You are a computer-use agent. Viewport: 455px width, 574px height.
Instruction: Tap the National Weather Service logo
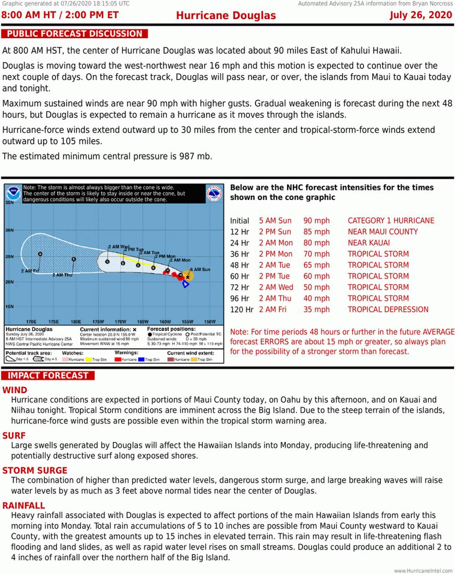point(215,193)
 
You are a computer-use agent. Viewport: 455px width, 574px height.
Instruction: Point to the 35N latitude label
point(10,203)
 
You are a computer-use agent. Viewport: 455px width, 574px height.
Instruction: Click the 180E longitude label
point(76,322)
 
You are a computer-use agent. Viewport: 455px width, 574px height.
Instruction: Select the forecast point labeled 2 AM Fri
point(40,254)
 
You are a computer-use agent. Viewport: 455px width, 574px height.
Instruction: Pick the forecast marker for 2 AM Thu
point(74,259)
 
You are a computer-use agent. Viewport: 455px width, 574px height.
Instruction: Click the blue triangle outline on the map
point(186,284)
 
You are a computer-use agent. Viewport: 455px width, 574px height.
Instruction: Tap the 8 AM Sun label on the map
point(200,269)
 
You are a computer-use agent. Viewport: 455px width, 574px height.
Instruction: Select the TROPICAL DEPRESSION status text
point(388,310)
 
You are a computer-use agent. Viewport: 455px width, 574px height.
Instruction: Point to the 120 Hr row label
point(241,310)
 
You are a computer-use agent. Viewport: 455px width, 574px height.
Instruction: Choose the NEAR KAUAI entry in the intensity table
point(369,243)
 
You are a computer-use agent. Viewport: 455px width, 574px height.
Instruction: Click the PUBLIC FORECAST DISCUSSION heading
point(75,34)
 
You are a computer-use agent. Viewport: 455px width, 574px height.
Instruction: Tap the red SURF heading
point(14,436)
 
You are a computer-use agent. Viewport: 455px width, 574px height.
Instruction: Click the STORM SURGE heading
point(35,470)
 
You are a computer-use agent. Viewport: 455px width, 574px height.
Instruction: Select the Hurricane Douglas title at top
point(226,15)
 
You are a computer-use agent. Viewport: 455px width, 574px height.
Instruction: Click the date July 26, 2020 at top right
point(420,15)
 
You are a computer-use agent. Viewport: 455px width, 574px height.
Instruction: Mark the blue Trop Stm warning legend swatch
point(142,360)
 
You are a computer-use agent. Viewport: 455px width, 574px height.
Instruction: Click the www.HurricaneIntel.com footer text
point(423,570)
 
